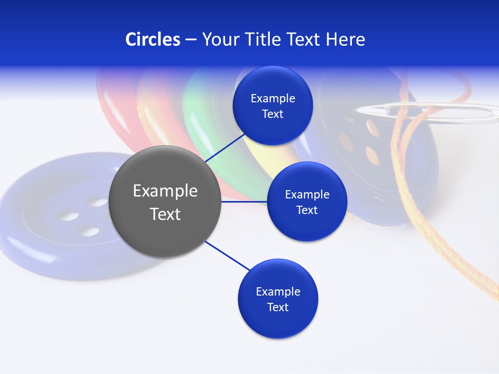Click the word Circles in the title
153,39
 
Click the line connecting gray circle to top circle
225,148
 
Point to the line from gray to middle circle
244,202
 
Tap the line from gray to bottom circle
228,256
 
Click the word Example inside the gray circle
165,191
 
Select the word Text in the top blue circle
273,114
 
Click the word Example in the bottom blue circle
278,291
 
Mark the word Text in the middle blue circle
307,210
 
